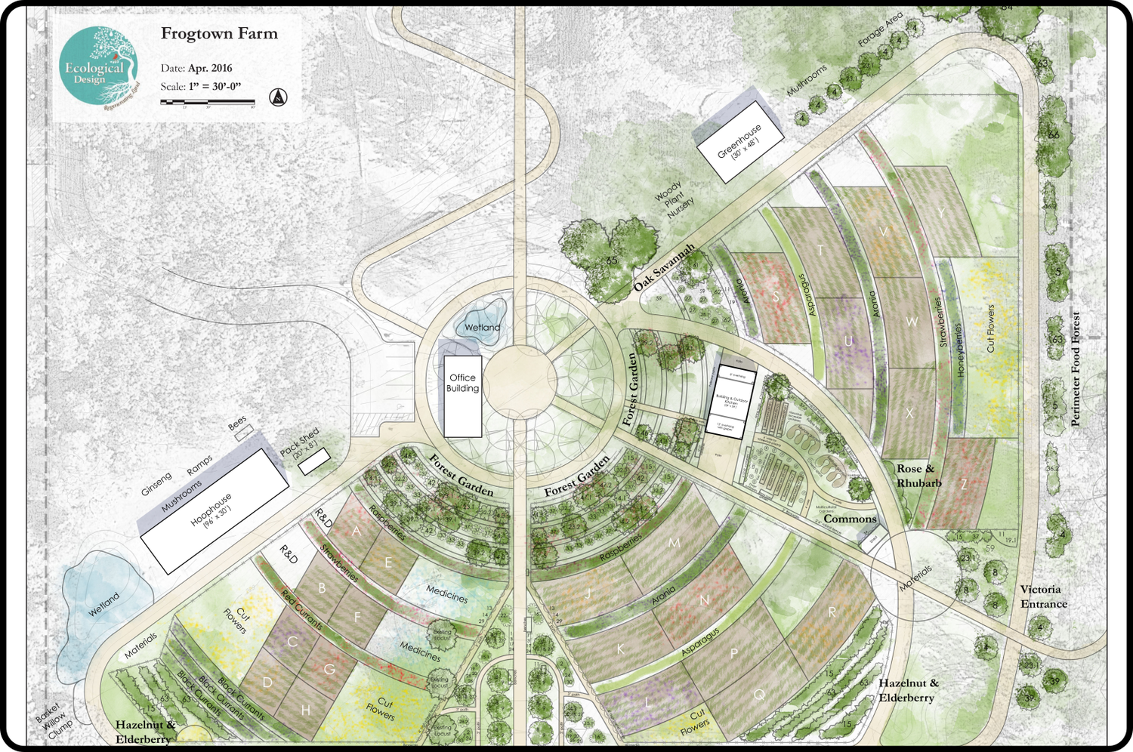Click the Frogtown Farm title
tap(219, 34)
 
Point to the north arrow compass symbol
tap(279, 97)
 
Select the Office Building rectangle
tap(462, 396)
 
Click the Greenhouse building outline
tap(739, 143)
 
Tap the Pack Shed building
tap(313, 461)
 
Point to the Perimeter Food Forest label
tap(1076, 369)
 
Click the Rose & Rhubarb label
tap(918, 476)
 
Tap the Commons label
tap(850, 519)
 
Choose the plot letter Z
tap(963, 485)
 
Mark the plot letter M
tap(674, 543)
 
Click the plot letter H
tap(305, 710)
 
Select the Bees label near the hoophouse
tap(237, 424)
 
